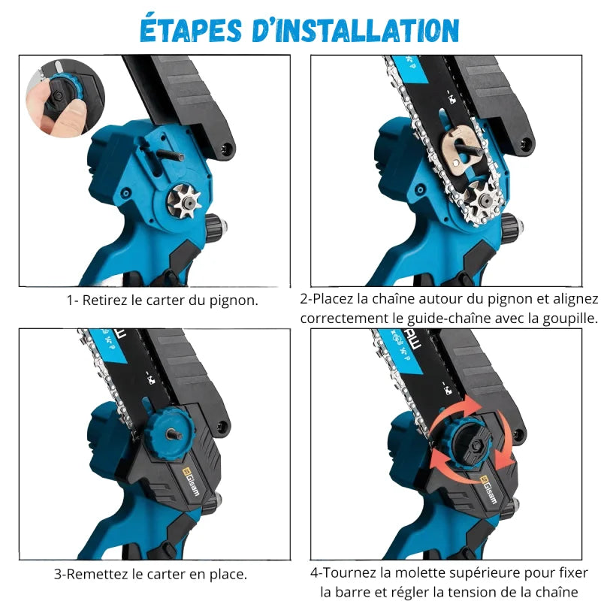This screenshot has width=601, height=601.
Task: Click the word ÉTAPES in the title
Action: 191,29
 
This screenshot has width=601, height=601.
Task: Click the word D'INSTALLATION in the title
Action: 355,30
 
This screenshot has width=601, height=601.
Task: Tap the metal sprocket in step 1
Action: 184,201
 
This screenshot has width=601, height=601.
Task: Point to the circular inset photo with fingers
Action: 65,98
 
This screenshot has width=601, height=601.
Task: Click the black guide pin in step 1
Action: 171,155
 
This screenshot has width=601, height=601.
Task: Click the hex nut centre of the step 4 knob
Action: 476,445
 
